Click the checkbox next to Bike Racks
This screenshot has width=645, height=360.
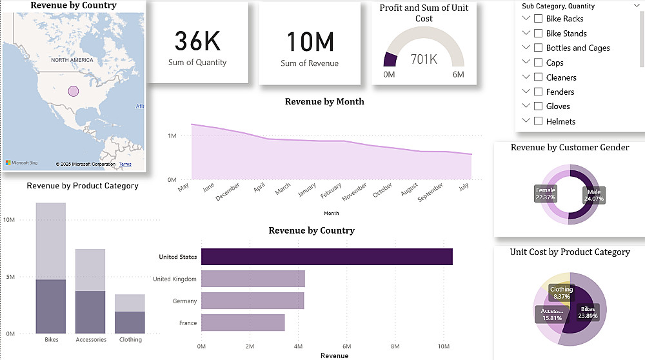click(x=538, y=19)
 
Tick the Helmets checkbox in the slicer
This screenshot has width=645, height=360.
click(x=538, y=121)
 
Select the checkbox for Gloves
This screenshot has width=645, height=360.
click(x=538, y=106)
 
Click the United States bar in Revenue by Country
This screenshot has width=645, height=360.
click(x=326, y=257)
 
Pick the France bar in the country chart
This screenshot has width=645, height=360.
click(x=243, y=323)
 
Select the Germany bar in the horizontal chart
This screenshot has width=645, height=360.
click(x=252, y=301)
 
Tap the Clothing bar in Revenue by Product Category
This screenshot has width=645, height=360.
click(x=130, y=314)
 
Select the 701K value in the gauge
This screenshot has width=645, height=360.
click(x=424, y=59)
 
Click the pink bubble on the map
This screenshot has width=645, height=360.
click(x=73, y=92)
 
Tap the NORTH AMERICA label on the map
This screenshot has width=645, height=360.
click(x=72, y=60)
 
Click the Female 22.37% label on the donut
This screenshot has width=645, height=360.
click(x=545, y=194)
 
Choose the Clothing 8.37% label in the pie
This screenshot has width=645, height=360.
click(x=561, y=293)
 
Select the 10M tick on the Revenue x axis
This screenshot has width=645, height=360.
click(x=443, y=346)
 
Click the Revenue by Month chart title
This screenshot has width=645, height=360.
click(x=324, y=101)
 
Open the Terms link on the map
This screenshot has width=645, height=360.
click(x=125, y=165)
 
